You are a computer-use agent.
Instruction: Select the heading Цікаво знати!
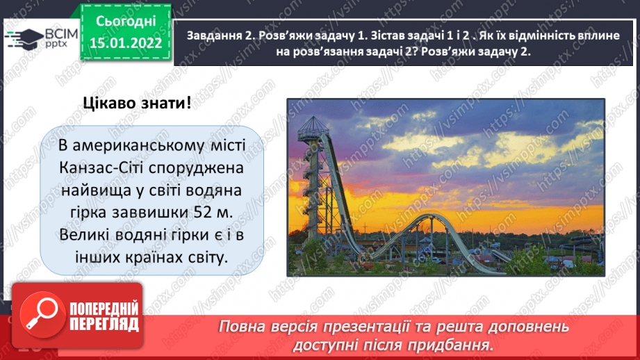coord(136,104)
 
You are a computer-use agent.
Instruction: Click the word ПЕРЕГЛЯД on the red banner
coord(104,325)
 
